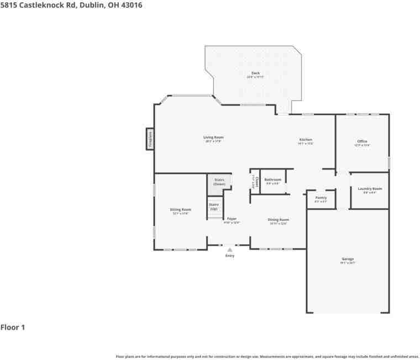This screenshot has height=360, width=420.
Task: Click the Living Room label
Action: tap(213, 137)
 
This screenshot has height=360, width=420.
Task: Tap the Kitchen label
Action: tap(306, 140)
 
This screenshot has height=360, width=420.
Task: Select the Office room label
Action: tap(362, 141)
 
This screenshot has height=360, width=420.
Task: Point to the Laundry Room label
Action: tap(370, 188)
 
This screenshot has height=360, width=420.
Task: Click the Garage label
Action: tap(348, 259)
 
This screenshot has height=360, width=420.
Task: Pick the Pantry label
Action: tap(321, 198)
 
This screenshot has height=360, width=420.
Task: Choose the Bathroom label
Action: tap(272, 179)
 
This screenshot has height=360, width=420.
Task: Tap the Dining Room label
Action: tap(279, 219)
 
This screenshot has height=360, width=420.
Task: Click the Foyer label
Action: tap(232, 219)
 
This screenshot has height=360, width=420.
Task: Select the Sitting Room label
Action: tap(180, 210)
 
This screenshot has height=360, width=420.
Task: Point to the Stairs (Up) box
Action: tap(213, 207)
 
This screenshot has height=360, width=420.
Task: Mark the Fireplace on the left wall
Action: tap(149, 139)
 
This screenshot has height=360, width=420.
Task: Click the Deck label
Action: tap(255, 73)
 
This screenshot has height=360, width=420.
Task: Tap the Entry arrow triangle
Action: tap(230, 250)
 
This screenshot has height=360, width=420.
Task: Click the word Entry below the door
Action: tap(230, 256)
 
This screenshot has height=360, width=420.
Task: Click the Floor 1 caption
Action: tap(13, 327)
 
